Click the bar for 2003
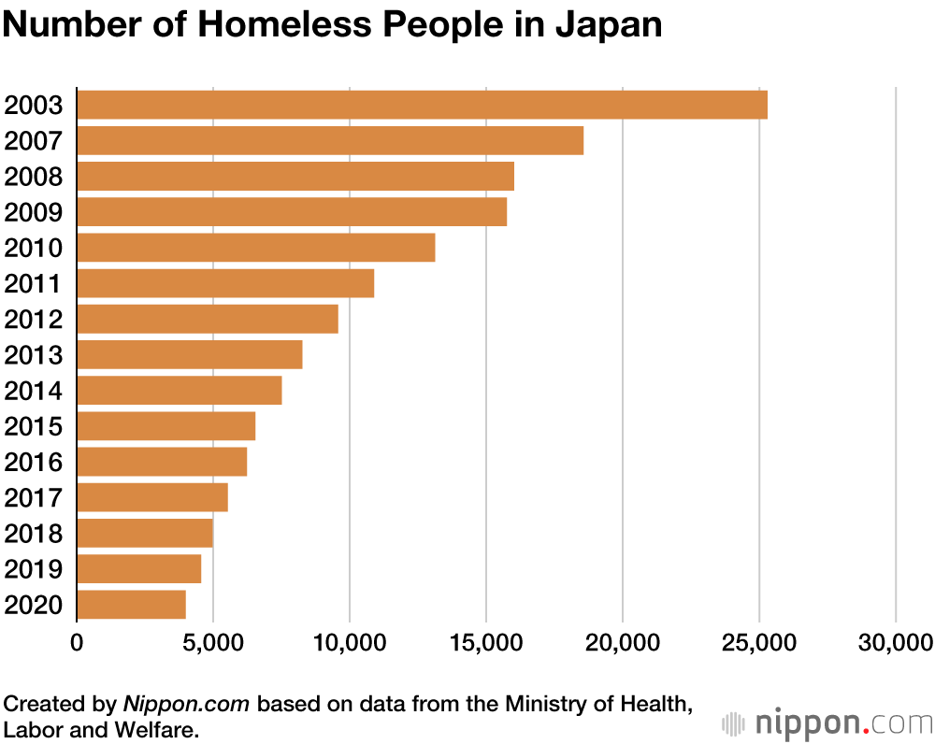pos(422,105)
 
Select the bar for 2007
pos(330,140)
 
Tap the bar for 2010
pos(256,248)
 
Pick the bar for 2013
pos(190,355)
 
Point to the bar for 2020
pos(131,605)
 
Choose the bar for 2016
pos(162,462)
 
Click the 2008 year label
pos(34,177)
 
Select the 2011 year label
pos(34,284)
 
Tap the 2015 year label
pos(34,427)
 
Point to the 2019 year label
pos(34,569)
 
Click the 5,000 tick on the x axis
pos(212,642)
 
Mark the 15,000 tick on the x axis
pos(485,642)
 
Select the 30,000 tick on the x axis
pos(896,642)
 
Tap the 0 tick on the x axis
pos(77,642)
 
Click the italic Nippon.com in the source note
pos(186,704)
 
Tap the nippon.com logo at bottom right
pos(828,723)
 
